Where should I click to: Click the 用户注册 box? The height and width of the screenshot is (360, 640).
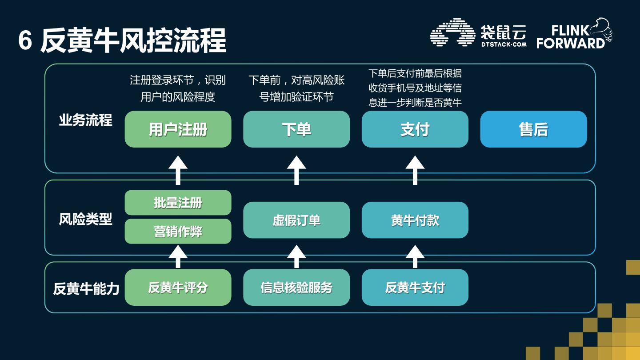coord(178,129)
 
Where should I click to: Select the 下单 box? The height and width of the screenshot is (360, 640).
coord(296,129)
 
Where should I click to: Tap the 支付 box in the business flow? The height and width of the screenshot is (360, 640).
coord(415,129)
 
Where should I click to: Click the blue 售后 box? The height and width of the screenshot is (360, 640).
coord(533,129)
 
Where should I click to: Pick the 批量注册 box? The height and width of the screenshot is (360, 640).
coord(178,203)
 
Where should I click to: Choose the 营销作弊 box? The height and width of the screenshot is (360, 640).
coord(178,231)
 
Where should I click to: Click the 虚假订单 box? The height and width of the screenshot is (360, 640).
coord(296,220)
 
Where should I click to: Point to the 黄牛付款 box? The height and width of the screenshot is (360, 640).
coord(415,220)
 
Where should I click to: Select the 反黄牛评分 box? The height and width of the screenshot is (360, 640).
coord(178,288)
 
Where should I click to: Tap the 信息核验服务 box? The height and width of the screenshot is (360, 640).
coord(296,288)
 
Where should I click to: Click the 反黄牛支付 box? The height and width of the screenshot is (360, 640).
coord(415,288)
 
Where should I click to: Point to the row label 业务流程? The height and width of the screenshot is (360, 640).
coord(85,120)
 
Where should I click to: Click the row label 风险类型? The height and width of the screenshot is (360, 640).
coord(85,219)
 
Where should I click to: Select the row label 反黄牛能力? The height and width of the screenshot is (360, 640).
coord(86,289)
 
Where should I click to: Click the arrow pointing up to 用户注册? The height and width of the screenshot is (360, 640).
coord(178,170)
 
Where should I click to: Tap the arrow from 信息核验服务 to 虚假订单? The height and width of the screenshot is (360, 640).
coord(296,256)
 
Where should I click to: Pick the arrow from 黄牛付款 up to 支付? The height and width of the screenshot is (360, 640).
coord(415,170)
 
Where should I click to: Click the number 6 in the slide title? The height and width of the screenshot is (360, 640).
coord(25,41)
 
